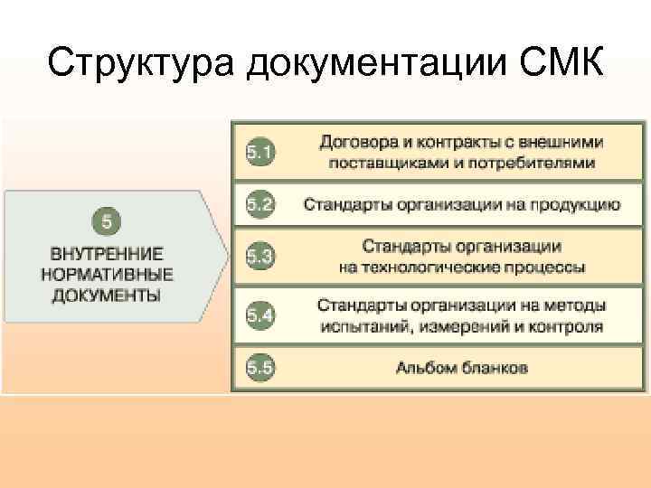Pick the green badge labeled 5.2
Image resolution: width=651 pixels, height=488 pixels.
259,204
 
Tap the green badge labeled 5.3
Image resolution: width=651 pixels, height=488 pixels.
259,256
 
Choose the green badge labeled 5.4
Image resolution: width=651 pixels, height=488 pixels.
259,315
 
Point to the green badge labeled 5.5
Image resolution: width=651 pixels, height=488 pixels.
259,367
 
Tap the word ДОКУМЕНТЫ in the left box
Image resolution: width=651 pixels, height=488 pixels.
107,295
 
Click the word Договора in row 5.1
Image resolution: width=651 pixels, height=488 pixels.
353,143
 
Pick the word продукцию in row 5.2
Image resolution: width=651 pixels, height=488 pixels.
576,204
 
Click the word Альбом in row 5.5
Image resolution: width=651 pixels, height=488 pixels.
423,367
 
